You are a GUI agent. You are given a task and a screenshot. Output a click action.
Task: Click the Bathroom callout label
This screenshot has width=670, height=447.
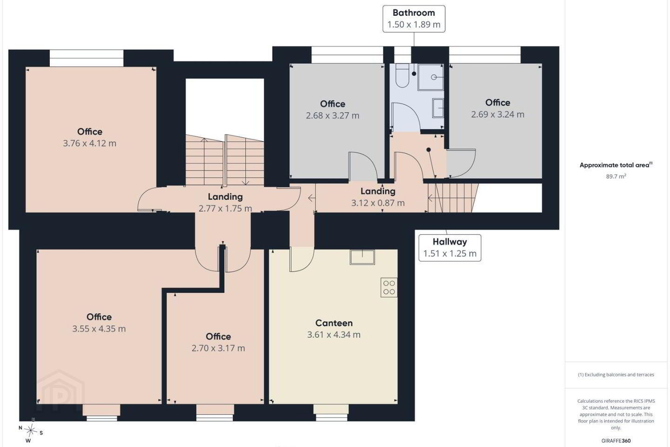coord(414,19)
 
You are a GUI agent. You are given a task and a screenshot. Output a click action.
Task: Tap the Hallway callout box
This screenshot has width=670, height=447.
coord(449,248)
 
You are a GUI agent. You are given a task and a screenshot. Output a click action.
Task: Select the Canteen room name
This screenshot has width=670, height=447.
coord(334,323)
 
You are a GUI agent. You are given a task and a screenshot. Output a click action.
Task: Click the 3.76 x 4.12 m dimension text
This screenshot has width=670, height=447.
coord(89,143)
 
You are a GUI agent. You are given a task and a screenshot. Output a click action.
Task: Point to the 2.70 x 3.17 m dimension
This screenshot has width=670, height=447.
coord(218,348)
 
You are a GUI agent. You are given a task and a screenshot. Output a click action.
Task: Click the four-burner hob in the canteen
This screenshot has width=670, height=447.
coord(389,287)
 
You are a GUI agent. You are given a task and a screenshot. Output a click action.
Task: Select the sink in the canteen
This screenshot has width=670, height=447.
coord(362,257)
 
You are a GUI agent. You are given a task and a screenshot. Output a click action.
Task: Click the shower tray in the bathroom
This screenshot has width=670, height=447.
coord(430,77)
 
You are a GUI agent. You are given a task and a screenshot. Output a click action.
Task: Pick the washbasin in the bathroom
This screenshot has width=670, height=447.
coord(438,108)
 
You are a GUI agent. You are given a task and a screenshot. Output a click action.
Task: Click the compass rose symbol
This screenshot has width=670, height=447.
coord(31,431)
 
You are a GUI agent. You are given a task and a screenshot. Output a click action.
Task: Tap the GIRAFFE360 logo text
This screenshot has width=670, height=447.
coord(616,440)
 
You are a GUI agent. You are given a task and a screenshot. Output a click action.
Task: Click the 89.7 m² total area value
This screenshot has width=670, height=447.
coord(616,176)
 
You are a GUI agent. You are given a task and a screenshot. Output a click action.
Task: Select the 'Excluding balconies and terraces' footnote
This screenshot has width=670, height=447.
coord(616,374)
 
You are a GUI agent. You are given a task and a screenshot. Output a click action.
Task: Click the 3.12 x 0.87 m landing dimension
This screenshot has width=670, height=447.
coord(378,203)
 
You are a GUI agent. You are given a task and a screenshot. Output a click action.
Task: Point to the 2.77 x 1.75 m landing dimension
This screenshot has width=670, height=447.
coord(225,209)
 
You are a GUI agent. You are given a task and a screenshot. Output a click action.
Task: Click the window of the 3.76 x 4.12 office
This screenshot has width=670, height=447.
coord(87,58)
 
